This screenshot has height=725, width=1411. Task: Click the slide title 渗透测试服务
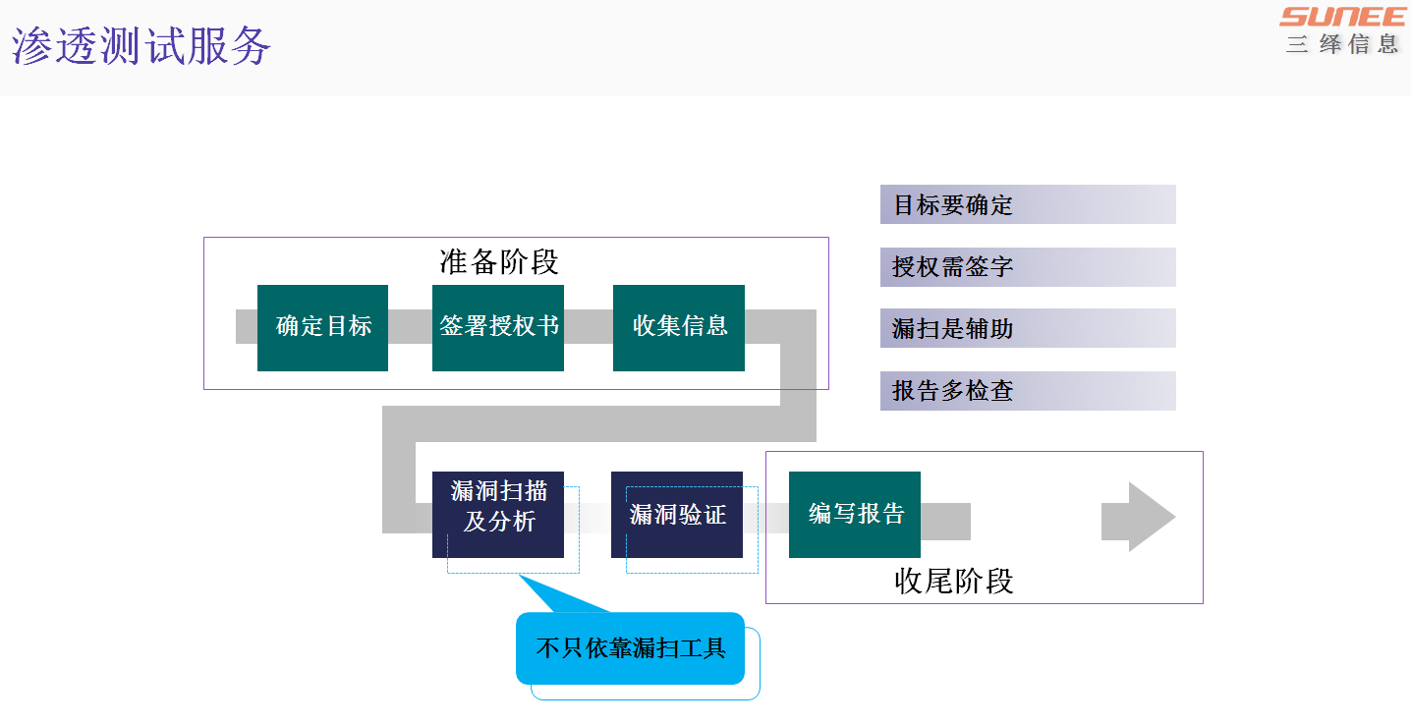pyautogui.click(x=141, y=46)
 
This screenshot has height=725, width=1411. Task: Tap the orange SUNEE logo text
pyautogui.click(x=1342, y=17)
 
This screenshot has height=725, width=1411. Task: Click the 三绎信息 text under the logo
pyautogui.click(x=1342, y=44)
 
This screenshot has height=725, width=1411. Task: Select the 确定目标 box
pyautogui.click(x=322, y=327)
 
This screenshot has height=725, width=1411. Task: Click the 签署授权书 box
pyautogui.click(x=498, y=327)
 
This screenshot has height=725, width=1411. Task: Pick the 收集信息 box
pyautogui.click(x=679, y=327)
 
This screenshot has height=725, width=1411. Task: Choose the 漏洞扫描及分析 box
pyautogui.click(x=498, y=514)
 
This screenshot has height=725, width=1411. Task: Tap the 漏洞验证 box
pyautogui.click(x=677, y=514)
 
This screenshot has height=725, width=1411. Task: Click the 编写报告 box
pyautogui.click(x=855, y=514)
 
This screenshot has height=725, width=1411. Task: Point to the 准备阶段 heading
pyautogui.click(x=499, y=262)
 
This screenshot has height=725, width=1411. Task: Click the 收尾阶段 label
pyautogui.click(x=953, y=581)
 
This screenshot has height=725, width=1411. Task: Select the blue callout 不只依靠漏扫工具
pyautogui.click(x=630, y=648)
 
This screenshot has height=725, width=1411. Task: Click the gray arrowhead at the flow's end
pyautogui.click(x=1139, y=517)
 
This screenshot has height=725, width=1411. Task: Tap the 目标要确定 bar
pyautogui.click(x=1028, y=204)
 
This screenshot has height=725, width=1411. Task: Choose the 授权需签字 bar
pyautogui.click(x=1028, y=267)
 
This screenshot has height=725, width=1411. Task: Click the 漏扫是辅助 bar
pyautogui.click(x=1028, y=328)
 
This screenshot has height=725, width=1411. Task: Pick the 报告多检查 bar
pyautogui.click(x=1028, y=391)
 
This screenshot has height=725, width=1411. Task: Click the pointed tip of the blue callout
pyautogui.click(x=522, y=578)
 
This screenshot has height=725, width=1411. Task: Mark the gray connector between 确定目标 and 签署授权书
pyautogui.click(x=410, y=326)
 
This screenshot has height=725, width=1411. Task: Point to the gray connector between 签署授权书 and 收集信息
pyautogui.click(x=589, y=326)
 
